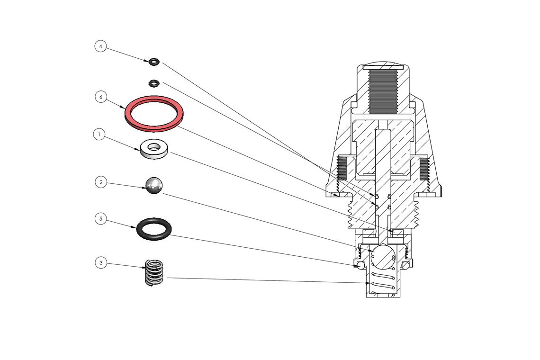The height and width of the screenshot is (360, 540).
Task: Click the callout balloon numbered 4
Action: tap(100, 46)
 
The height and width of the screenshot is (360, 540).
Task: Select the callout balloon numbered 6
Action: tap(100, 97)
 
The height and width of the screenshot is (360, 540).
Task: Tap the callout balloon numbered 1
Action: tap(99, 135)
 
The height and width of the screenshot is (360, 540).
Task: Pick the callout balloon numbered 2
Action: tap(100, 182)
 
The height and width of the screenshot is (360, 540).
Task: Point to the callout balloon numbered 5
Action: tap(100, 219)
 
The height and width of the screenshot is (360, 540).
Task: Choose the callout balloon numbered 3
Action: tap(100, 262)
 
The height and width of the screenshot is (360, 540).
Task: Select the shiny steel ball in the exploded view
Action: tap(154, 185)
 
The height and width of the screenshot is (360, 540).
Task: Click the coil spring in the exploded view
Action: tap(154, 273)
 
